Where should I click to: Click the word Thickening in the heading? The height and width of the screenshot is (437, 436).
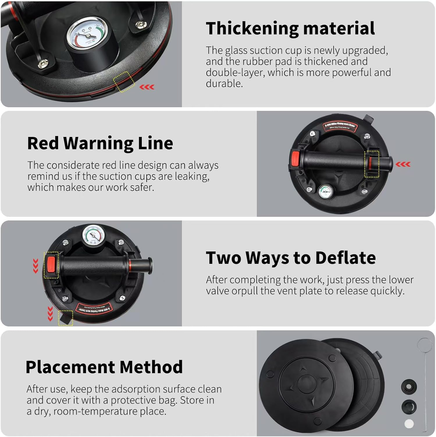tap(252, 29)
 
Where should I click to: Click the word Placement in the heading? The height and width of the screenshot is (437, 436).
tap(71, 367)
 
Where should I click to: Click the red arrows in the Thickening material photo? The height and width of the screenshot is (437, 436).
tap(147, 87)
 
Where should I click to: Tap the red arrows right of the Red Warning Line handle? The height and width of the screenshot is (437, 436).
tap(403, 164)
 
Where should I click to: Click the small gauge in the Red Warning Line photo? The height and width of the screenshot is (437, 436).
tap(326, 191)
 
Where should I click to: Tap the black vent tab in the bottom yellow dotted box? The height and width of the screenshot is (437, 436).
tap(65, 318)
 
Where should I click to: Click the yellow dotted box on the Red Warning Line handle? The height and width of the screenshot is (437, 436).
tap(372, 164)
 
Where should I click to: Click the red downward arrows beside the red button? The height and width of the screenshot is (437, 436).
tap(35, 266)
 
